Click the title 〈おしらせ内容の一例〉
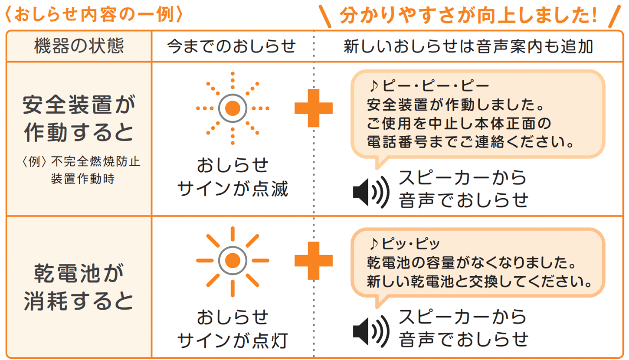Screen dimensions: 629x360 pyautogui.click(x=95, y=15)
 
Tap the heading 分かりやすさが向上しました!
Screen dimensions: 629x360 pyautogui.click(x=468, y=15)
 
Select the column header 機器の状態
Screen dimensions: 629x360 pyautogui.click(x=79, y=46)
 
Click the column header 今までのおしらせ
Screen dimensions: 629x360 pyautogui.click(x=232, y=46)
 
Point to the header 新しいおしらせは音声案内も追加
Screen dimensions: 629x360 pyautogui.click(x=468, y=46)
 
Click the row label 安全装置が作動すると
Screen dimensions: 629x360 pyautogui.click(x=79, y=118)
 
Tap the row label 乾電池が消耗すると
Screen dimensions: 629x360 pyautogui.click(x=79, y=287)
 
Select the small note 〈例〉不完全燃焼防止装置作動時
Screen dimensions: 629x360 pyautogui.click(x=82, y=170)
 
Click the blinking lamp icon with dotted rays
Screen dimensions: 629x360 pyautogui.click(x=233, y=108)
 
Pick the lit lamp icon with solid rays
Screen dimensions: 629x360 pyautogui.click(x=233, y=261)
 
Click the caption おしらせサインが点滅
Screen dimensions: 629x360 pyautogui.click(x=233, y=177)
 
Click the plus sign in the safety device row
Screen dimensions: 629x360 pyautogui.click(x=314, y=108)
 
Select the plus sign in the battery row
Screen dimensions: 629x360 pyautogui.click(x=314, y=261)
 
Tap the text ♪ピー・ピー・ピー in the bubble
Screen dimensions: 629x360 pyautogui.click(x=429, y=85)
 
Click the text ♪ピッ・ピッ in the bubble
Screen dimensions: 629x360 pyautogui.click(x=404, y=243)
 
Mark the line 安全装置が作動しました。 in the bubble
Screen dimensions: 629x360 pyautogui.click(x=456, y=105)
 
